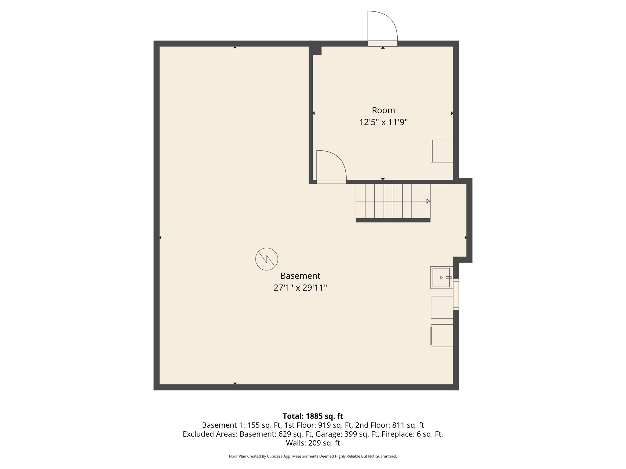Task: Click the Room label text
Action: coord(383,110)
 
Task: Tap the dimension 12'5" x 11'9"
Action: coord(383,122)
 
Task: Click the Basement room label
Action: coord(300,276)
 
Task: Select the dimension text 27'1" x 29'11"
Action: coord(300,288)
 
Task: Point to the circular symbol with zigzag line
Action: coord(267,259)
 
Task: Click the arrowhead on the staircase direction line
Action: coord(428,201)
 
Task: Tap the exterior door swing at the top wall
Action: coord(382,27)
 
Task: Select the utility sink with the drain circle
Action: coord(441,278)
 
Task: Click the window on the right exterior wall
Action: coord(456,294)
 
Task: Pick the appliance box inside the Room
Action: coord(442,151)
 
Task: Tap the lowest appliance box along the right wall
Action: coord(442,336)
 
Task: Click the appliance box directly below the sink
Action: coord(442,307)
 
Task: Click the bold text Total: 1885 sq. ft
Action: coord(313,416)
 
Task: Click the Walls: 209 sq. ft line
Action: coord(313,443)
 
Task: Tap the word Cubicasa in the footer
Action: coord(274,456)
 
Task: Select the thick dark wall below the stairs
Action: coord(393,220)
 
